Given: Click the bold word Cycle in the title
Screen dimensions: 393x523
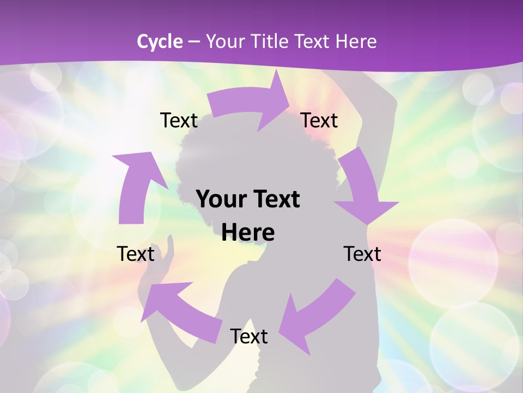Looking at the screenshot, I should click(x=160, y=41).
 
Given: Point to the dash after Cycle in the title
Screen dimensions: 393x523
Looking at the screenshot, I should click(x=193, y=41).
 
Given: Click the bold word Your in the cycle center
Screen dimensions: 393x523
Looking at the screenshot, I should click(x=218, y=200).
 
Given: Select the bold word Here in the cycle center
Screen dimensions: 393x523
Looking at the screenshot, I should click(x=248, y=233).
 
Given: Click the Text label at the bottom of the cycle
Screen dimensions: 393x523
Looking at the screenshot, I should click(x=249, y=336).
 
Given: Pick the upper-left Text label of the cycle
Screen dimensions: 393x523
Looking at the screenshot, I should click(x=179, y=120).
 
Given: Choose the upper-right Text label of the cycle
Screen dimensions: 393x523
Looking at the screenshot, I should click(x=319, y=120).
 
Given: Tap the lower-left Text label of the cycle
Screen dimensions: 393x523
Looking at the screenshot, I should click(x=136, y=254).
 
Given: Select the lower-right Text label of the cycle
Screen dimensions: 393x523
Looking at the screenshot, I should click(x=362, y=254).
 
